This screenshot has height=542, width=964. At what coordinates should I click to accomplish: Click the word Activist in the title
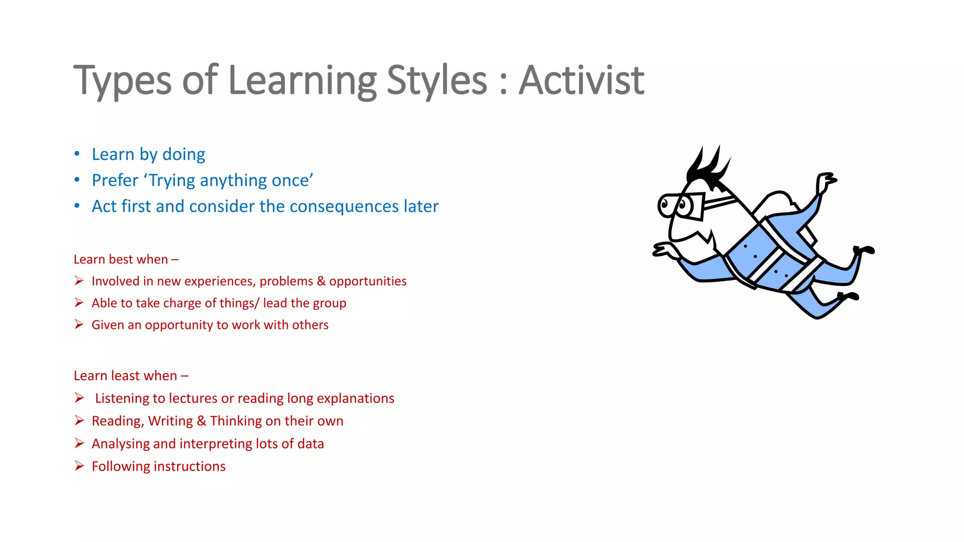click(x=581, y=80)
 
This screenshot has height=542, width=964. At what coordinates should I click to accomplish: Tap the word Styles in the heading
click(x=436, y=80)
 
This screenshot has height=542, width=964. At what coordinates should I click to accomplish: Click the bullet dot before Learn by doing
click(x=77, y=154)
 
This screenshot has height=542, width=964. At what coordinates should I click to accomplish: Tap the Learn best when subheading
click(x=126, y=259)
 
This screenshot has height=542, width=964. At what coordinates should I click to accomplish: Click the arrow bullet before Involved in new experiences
click(x=79, y=281)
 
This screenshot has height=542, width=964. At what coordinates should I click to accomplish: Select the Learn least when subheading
click(x=131, y=376)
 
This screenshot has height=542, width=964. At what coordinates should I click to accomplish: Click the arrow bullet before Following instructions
click(x=79, y=466)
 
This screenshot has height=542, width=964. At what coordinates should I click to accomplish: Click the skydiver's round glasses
click(x=678, y=205)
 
